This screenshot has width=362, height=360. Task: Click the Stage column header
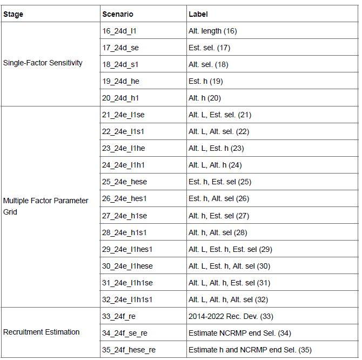[14, 14]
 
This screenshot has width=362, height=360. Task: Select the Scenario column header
[117, 14]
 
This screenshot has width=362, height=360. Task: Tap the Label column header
[198, 14]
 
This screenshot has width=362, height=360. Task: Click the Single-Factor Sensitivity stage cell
[43, 63]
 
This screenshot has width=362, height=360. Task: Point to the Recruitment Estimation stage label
[42, 332]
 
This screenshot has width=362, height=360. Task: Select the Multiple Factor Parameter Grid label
[45, 206]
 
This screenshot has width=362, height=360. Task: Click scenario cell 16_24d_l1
[119, 31]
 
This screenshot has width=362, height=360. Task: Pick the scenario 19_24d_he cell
[121, 81]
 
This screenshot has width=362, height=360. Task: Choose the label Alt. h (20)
[205, 98]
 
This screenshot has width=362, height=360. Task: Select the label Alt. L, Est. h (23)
[216, 148]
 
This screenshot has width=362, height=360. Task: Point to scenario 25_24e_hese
[124, 182]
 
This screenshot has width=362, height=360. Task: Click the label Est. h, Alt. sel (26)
[219, 198]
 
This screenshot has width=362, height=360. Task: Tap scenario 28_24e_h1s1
[124, 232]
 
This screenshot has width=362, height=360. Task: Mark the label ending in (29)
[230, 249]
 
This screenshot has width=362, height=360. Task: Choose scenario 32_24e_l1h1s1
[128, 299]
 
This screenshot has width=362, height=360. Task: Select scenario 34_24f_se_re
[125, 333]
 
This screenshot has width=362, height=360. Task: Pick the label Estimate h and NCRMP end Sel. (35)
[250, 350]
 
